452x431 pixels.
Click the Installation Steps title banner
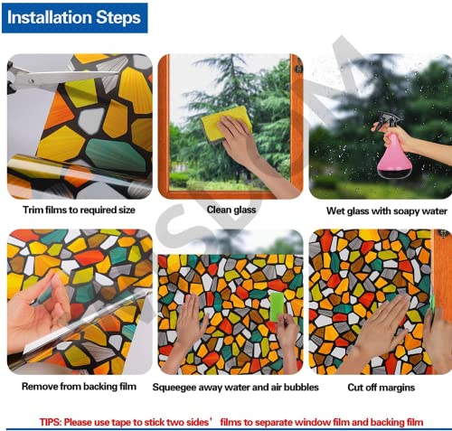75,18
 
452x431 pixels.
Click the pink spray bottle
393,157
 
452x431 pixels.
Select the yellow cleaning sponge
226,123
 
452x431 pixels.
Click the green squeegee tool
277,306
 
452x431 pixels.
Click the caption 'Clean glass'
231,210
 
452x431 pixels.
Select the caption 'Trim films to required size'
79,210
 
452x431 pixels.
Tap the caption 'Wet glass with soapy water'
387,211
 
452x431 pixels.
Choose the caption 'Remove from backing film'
79,386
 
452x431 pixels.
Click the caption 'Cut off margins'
381,387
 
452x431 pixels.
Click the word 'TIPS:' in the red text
51,422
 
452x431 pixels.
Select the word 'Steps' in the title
118,18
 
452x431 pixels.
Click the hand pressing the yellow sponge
241,142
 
